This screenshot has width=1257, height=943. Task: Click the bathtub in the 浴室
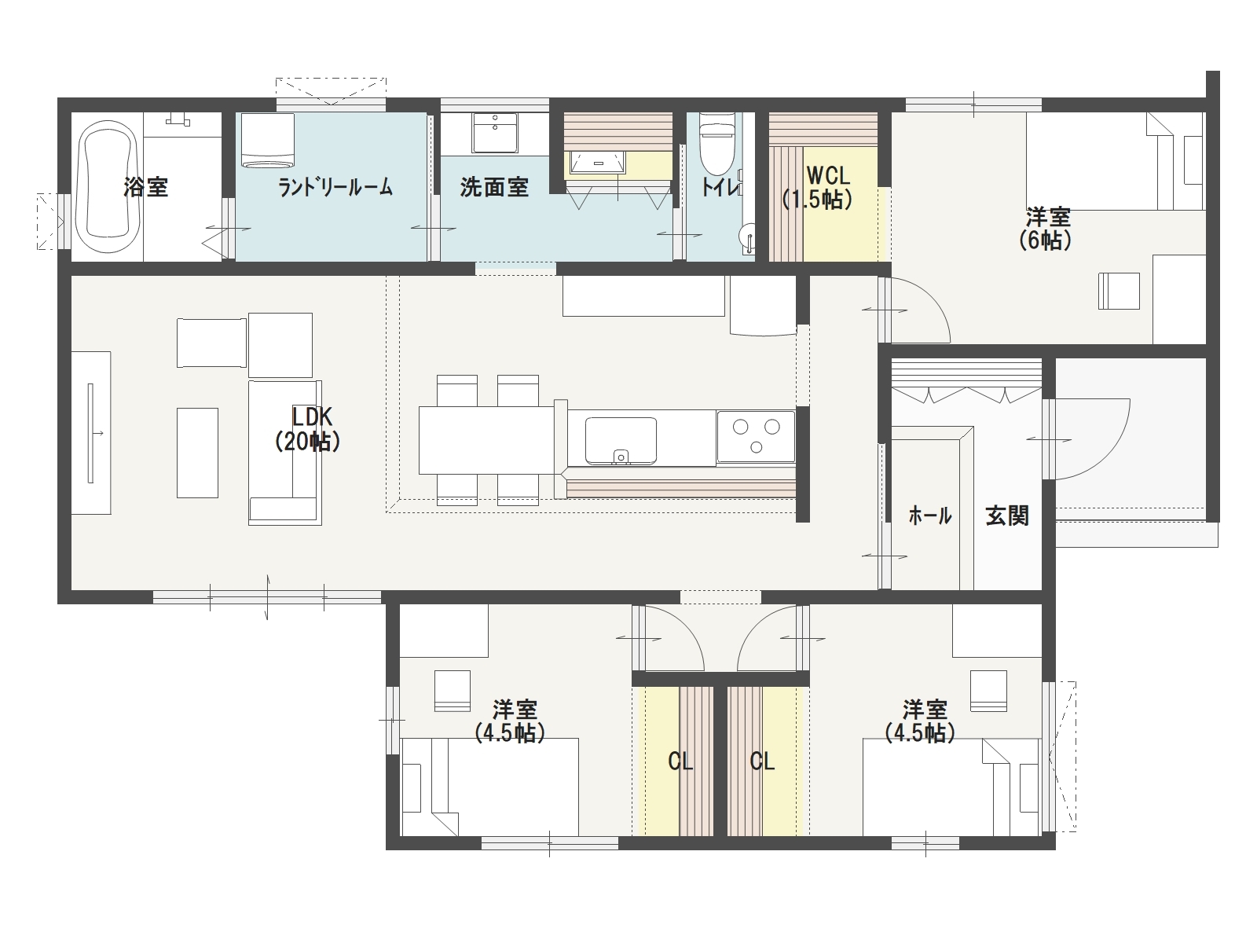click(108, 185)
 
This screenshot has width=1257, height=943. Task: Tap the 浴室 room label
click(145, 187)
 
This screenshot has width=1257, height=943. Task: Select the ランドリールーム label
click(335, 187)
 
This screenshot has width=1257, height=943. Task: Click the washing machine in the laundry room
click(267, 141)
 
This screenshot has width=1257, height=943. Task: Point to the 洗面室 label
click(494, 187)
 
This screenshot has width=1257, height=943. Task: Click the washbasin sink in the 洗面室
click(495, 133)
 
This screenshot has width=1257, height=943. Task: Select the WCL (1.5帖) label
click(817, 187)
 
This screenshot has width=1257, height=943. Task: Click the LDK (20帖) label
click(308, 429)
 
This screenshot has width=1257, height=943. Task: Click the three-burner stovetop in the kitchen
click(756, 436)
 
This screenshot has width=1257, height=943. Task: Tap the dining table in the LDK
click(487, 440)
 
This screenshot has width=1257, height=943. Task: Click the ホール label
click(930, 516)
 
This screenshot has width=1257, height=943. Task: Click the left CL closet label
click(680, 761)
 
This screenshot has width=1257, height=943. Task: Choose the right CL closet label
click(762, 761)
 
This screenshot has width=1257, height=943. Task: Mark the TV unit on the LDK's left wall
click(91, 433)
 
